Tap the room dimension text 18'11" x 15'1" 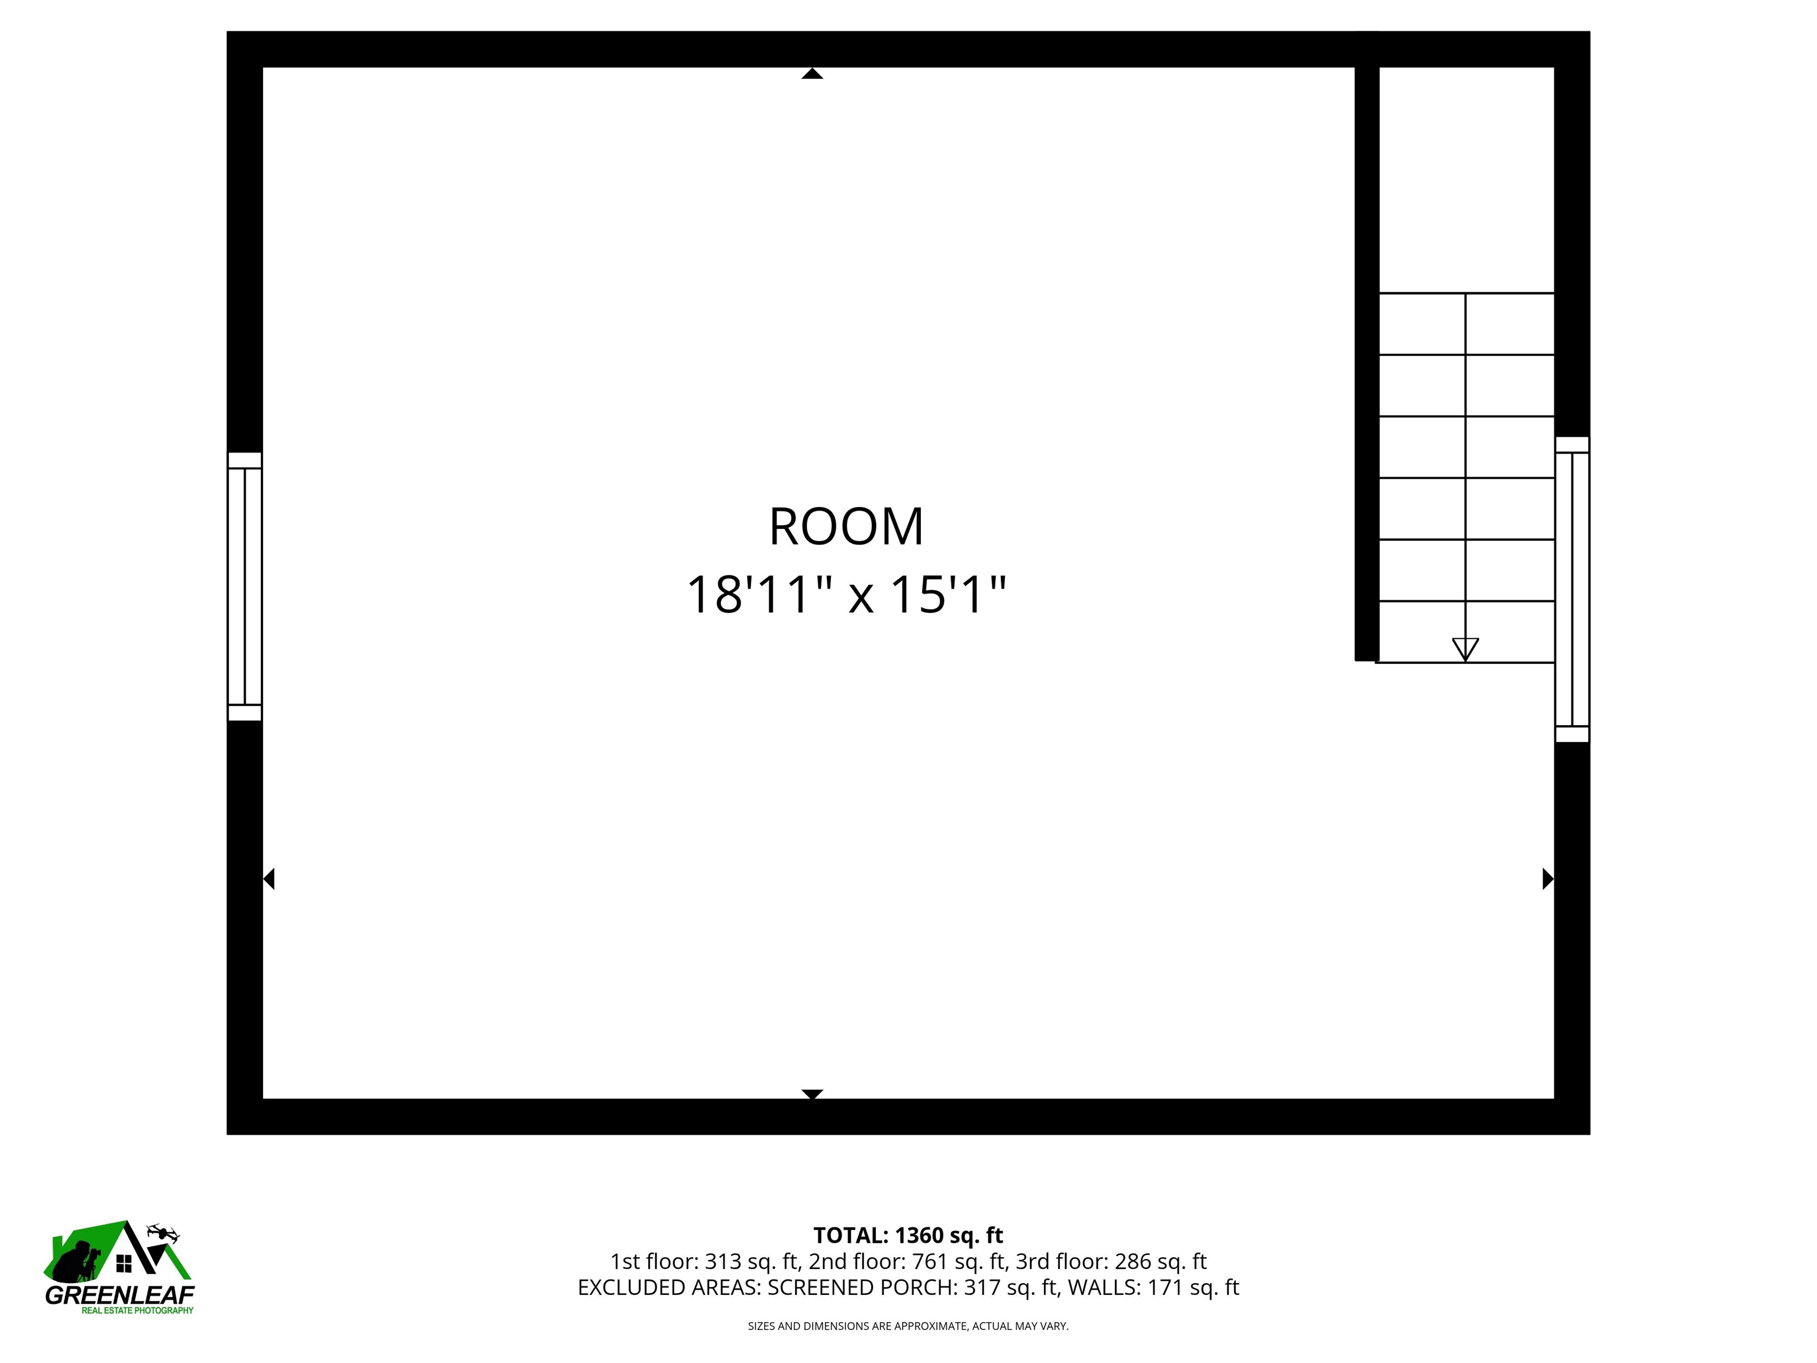tap(846, 595)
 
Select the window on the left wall tap(245, 587)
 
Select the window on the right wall tap(1572, 589)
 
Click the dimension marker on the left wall tap(269, 878)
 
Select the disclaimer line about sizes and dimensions tap(908, 1326)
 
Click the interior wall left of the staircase tap(1366, 361)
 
